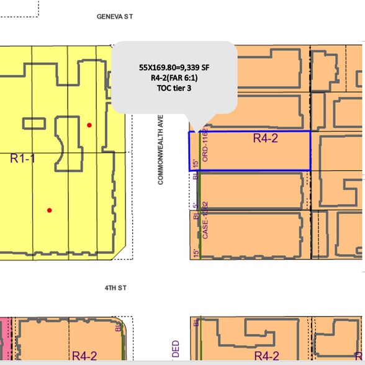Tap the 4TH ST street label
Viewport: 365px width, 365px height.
point(115,287)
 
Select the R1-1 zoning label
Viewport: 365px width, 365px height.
point(23,158)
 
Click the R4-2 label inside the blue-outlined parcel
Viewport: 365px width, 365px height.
point(266,138)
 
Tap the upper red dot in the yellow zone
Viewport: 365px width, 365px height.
point(89,125)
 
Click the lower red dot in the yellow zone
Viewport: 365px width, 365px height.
point(50,210)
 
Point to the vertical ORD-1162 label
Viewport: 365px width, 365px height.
point(205,146)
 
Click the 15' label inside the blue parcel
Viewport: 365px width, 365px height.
point(196,163)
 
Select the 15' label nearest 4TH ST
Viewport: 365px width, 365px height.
point(196,253)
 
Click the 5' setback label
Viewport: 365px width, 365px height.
point(196,205)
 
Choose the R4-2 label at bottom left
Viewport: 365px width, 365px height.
point(84,356)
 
